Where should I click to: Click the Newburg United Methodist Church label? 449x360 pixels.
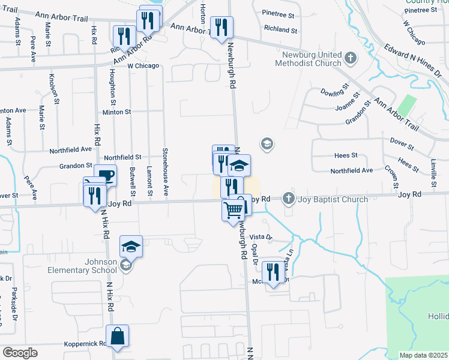pyautogui.click(x=309, y=59)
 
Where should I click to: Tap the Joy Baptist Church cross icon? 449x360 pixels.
pyautogui.click(x=289, y=198)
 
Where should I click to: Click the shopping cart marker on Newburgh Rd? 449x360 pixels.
pyautogui.click(x=233, y=210)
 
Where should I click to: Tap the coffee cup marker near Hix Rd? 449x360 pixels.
pyautogui.click(x=105, y=176)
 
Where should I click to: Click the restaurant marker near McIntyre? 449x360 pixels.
pyautogui.click(x=274, y=272)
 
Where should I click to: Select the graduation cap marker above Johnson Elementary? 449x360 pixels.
pyautogui.click(x=130, y=245)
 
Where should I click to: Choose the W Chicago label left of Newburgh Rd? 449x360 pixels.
pyautogui.click(x=143, y=65)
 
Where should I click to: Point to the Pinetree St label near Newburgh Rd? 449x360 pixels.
pyautogui.click(x=279, y=13)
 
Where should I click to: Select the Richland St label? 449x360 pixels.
pyautogui.click(x=280, y=29)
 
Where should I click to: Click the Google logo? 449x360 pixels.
pyautogui.click(x=20, y=352)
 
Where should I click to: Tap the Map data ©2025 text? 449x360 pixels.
pyautogui.click(x=423, y=355)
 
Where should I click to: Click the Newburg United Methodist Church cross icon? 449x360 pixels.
pyautogui.click(x=351, y=59)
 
